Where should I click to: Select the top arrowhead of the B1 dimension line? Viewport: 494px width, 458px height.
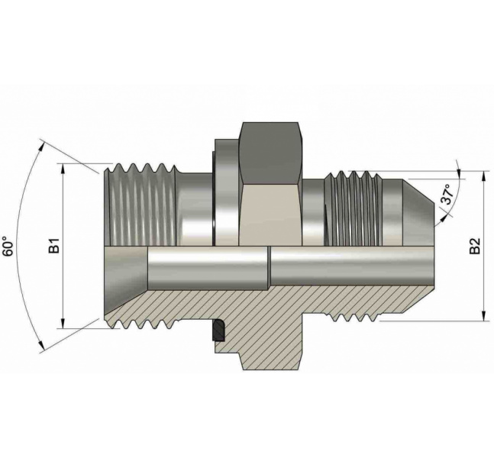coord(63,168)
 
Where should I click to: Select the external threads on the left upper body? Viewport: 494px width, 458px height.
coord(137,202)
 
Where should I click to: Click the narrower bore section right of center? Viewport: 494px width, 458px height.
coord(344,267)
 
